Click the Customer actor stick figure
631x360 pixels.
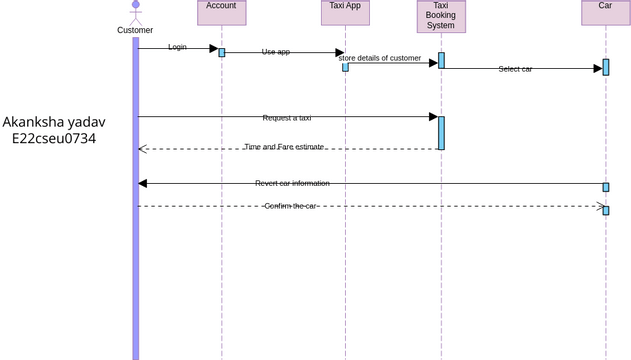pos(136,12)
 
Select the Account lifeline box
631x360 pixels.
pos(222,12)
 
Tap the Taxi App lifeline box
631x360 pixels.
pos(345,12)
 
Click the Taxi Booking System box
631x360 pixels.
pos(441,16)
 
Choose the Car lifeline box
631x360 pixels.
pos(605,12)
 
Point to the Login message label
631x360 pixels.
pos(177,47)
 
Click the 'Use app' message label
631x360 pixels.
pos(276,52)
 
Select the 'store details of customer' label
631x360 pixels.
pos(380,58)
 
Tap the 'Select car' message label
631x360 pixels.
pos(515,69)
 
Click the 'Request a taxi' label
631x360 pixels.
pos(287,118)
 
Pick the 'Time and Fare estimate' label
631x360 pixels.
pos(284,147)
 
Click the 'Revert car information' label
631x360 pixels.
pos(292,183)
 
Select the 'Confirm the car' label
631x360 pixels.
pos(290,206)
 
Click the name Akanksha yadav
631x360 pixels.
pos(54,122)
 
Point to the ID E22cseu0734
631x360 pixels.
pos(54,139)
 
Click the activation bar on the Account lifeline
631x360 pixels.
pos(222,52)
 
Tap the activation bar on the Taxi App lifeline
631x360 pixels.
pos(345,67)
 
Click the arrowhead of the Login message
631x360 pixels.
pos(213,48)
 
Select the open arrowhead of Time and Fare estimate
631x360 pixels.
pos(143,149)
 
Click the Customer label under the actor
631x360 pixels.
pos(136,30)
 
